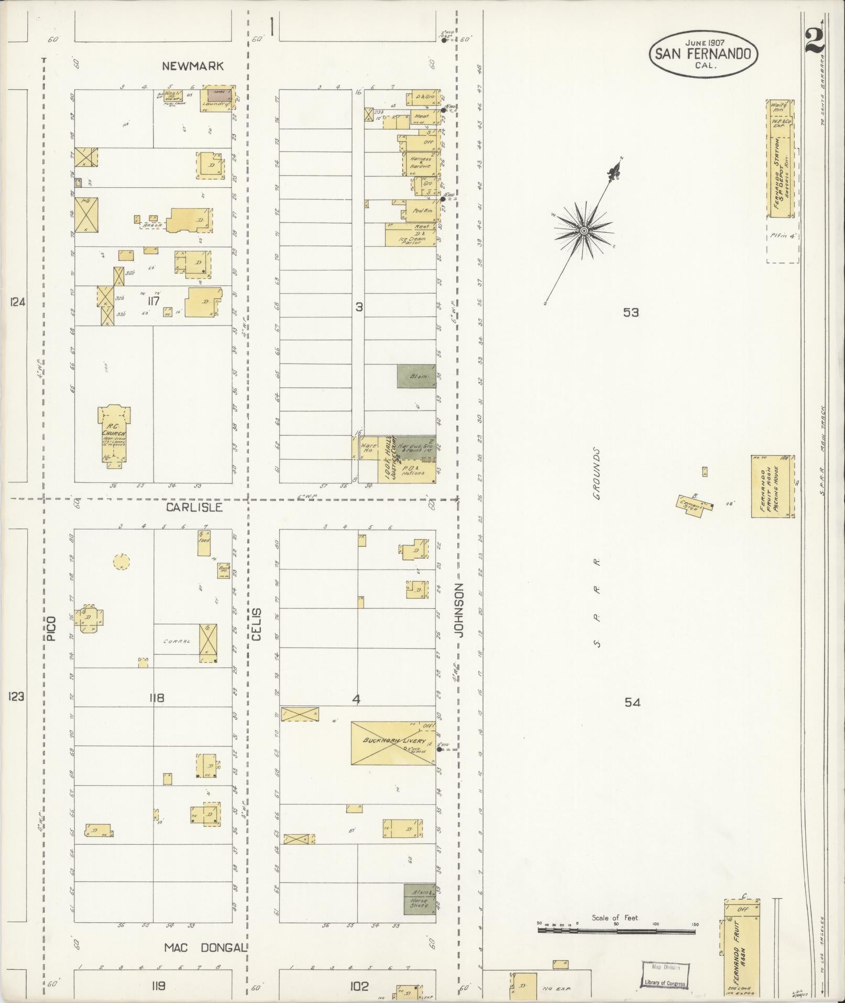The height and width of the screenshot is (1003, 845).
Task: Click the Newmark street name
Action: coord(193,66)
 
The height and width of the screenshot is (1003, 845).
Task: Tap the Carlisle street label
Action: coord(194,508)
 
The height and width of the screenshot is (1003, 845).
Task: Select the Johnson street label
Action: coord(459,610)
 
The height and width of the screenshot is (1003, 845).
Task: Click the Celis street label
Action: coord(256,624)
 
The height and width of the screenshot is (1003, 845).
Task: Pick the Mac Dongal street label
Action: coord(205,948)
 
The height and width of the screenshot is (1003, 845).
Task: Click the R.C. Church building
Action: coord(114,435)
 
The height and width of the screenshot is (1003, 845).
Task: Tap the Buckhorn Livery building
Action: coord(393,742)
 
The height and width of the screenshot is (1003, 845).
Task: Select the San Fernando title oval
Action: coord(703,55)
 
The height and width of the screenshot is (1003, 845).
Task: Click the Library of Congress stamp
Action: coord(665,975)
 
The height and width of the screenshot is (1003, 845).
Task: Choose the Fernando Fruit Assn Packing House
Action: coord(772,486)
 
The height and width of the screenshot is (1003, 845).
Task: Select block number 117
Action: coord(153,301)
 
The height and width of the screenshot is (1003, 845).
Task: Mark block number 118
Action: coord(157,698)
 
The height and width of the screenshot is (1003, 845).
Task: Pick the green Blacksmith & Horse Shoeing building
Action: coord(420,899)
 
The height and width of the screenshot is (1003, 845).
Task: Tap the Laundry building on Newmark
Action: coord(217,98)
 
